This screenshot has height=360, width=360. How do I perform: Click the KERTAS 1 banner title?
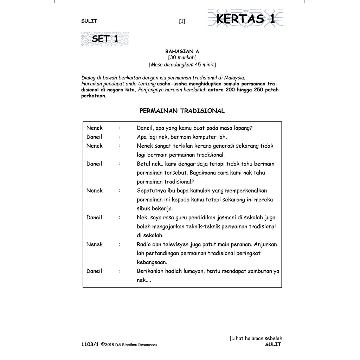[x=245, y=19]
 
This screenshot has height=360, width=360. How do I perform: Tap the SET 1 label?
[x=105, y=39]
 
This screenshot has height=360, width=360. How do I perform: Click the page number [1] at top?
[x=182, y=21]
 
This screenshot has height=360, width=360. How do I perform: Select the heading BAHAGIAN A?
[x=182, y=51]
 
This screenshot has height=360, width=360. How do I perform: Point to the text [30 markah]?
[x=182, y=57]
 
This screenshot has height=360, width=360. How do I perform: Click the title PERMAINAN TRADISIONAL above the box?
[x=182, y=111]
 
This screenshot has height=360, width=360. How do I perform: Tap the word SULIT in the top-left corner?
[x=89, y=21]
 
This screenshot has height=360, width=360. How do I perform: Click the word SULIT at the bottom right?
[x=274, y=345]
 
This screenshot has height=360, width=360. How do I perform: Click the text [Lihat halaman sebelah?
[x=256, y=338]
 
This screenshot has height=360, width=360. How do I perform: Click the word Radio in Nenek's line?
[x=144, y=244]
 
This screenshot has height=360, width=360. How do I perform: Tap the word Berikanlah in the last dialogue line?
[x=150, y=271]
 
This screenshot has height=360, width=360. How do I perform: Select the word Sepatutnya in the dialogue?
[x=152, y=191]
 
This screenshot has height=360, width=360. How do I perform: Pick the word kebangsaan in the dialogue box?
[x=152, y=262]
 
